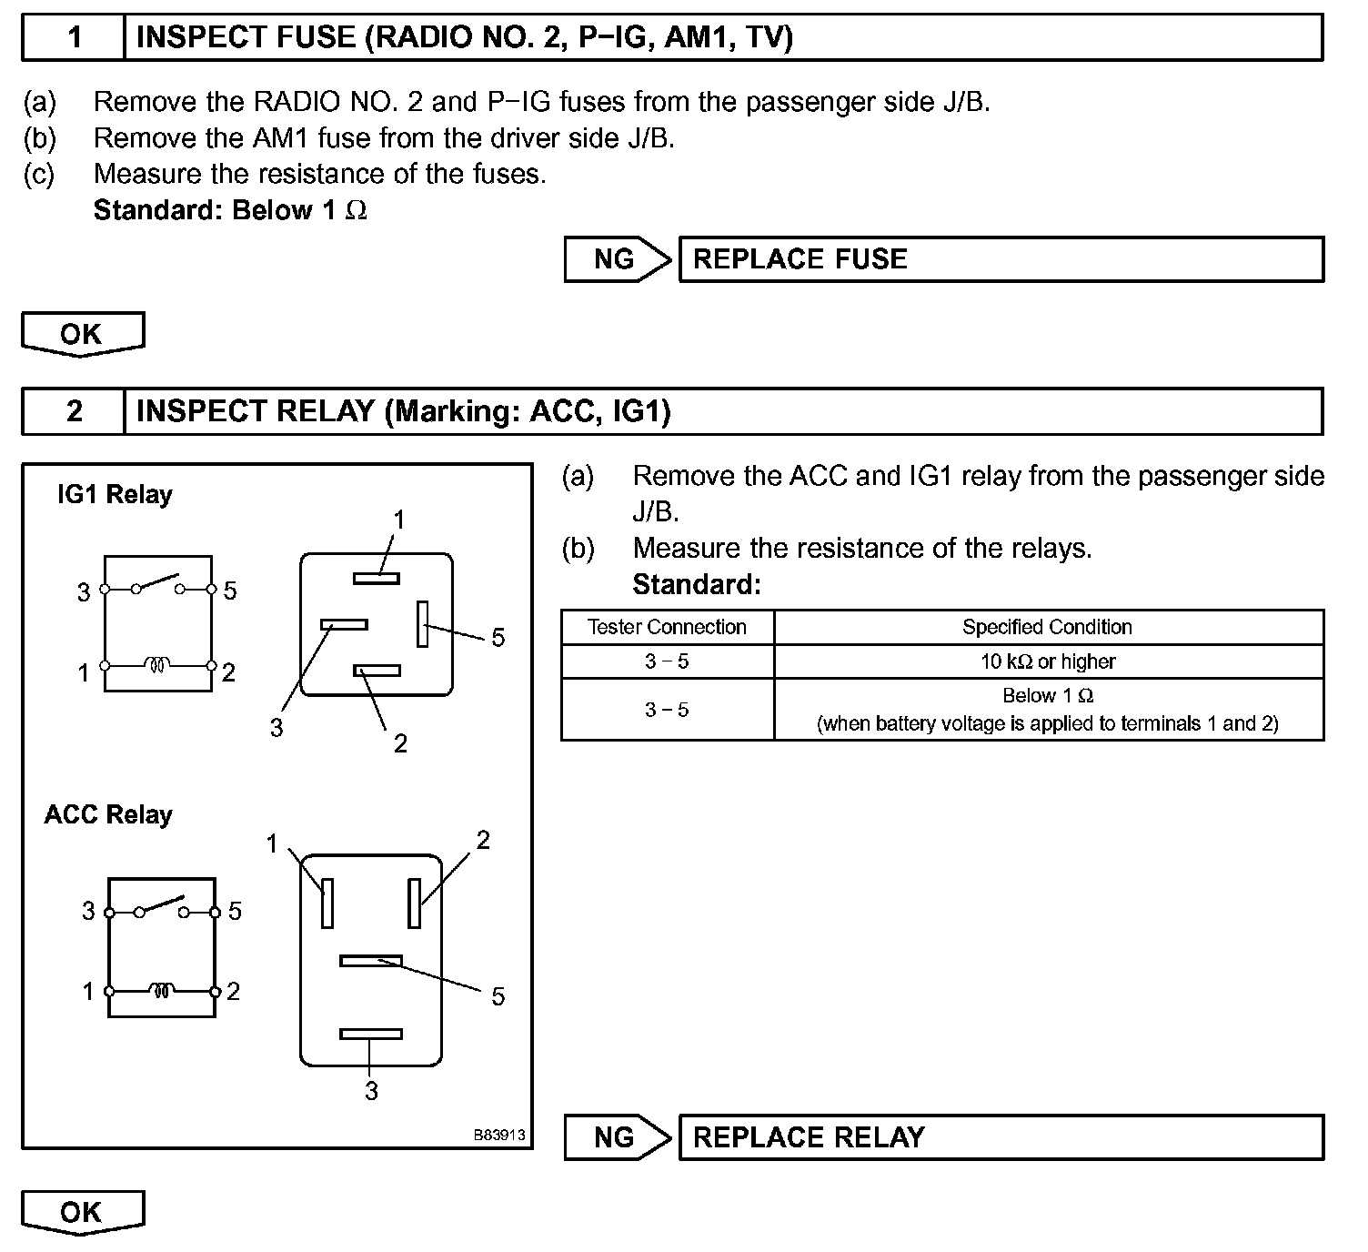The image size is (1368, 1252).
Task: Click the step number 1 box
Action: pos(74,37)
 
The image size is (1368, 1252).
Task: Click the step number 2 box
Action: pos(74,411)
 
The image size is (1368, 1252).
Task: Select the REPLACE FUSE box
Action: pos(1001,259)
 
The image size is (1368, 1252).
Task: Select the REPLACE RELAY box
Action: pos(1001,1137)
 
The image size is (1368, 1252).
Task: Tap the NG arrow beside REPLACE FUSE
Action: pos(617,259)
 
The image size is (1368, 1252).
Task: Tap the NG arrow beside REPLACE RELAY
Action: pos(617,1137)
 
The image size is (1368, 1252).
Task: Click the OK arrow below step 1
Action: pos(82,334)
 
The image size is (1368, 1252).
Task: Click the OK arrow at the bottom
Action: pos(82,1212)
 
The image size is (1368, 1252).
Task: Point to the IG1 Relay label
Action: pos(115,495)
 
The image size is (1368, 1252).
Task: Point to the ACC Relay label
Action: pos(108,814)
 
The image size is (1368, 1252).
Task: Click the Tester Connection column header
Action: pos(667,627)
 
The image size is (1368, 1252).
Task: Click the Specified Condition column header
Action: pos(1047,627)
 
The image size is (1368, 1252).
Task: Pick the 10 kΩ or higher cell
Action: pos(1047,661)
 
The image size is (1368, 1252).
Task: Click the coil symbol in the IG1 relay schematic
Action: pos(157,666)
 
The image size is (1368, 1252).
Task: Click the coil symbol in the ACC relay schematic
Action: pos(161,990)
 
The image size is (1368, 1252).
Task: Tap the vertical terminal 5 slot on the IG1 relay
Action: pos(423,624)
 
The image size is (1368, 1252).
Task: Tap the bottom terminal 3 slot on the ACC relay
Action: pos(370,1034)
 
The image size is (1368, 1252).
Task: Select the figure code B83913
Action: pos(499,1136)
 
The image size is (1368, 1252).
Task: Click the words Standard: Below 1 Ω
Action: pos(230,210)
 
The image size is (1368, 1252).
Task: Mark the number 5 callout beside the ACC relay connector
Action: pos(498,996)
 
